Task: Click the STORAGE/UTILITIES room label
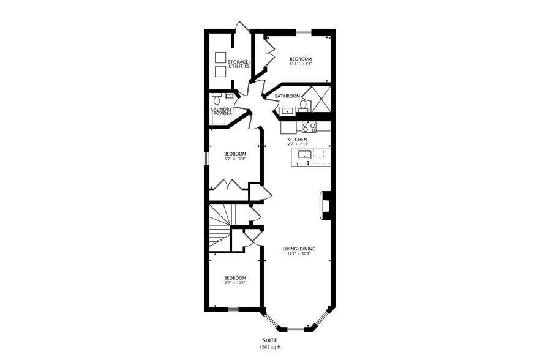pyautogui.click(x=239, y=64)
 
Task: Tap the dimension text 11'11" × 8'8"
pyautogui.click(x=301, y=64)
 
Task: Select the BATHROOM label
pyautogui.click(x=287, y=96)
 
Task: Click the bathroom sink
pyautogui.click(x=287, y=111)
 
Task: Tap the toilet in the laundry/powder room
pyautogui.click(x=216, y=99)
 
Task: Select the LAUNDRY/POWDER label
pyautogui.click(x=222, y=111)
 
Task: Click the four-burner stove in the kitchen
pyautogui.click(x=309, y=127)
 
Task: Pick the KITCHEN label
pyautogui.click(x=298, y=140)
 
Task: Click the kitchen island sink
pyautogui.click(x=304, y=155)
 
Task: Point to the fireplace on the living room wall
pyautogui.click(x=326, y=206)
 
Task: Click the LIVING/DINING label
pyautogui.click(x=299, y=249)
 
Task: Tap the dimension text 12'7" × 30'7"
pyautogui.click(x=299, y=254)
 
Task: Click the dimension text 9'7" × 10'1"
pyautogui.click(x=234, y=283)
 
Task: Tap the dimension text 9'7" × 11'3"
pyautogui.click(x=234, y=159)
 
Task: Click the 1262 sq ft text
pyautogui.click(x=269, y=347)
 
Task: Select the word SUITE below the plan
pyautogui.click(x=269, y=340)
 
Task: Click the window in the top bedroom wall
pyautogui.click(x=304, y=32)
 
